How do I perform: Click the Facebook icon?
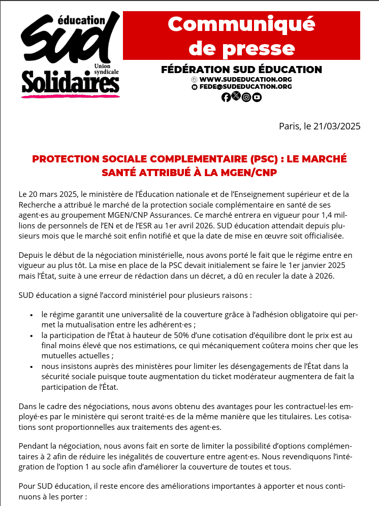(x=226, y=97)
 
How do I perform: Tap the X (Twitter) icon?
(x=236, y=96)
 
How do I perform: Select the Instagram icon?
(x=246, y=97)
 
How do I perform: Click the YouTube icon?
(x=257, y=97)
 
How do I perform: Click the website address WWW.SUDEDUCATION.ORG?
(x=245, y=80)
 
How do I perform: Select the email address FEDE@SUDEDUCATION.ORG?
(x=245, y=87)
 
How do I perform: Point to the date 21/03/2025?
(x=336, y=126)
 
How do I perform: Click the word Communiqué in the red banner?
(x=241, y=24)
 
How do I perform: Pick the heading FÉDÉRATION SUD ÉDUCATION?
(x=241, y=70)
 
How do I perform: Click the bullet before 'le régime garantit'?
(x=32, y=315)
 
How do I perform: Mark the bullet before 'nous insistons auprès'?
(x=32, y=366)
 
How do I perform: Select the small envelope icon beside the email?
(x=194, y=87)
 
